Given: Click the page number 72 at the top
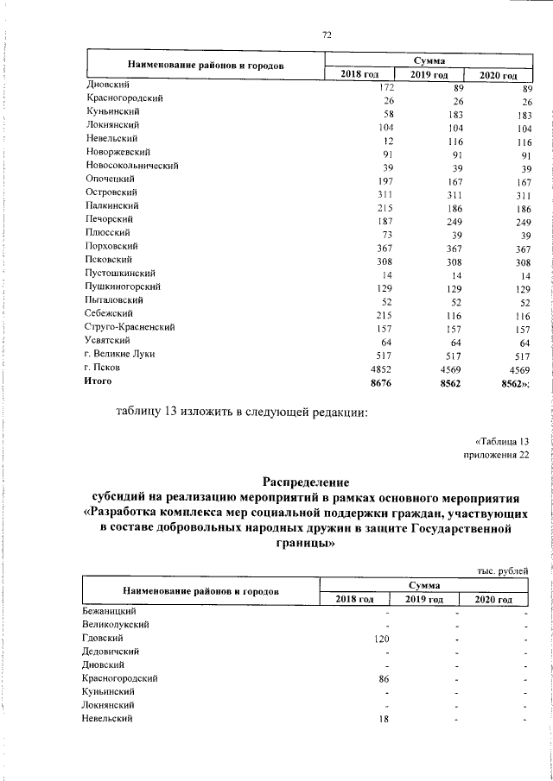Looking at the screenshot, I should click(327, 35).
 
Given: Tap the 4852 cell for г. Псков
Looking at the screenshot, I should click(382, 368).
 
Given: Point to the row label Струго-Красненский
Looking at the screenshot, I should click(130, 328).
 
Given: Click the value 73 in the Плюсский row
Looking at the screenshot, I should click(388, 233).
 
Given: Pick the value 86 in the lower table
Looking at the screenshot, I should click(385, 680).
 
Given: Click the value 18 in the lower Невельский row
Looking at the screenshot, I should click(385, 719).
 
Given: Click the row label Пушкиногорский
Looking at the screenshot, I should click(123, 287).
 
